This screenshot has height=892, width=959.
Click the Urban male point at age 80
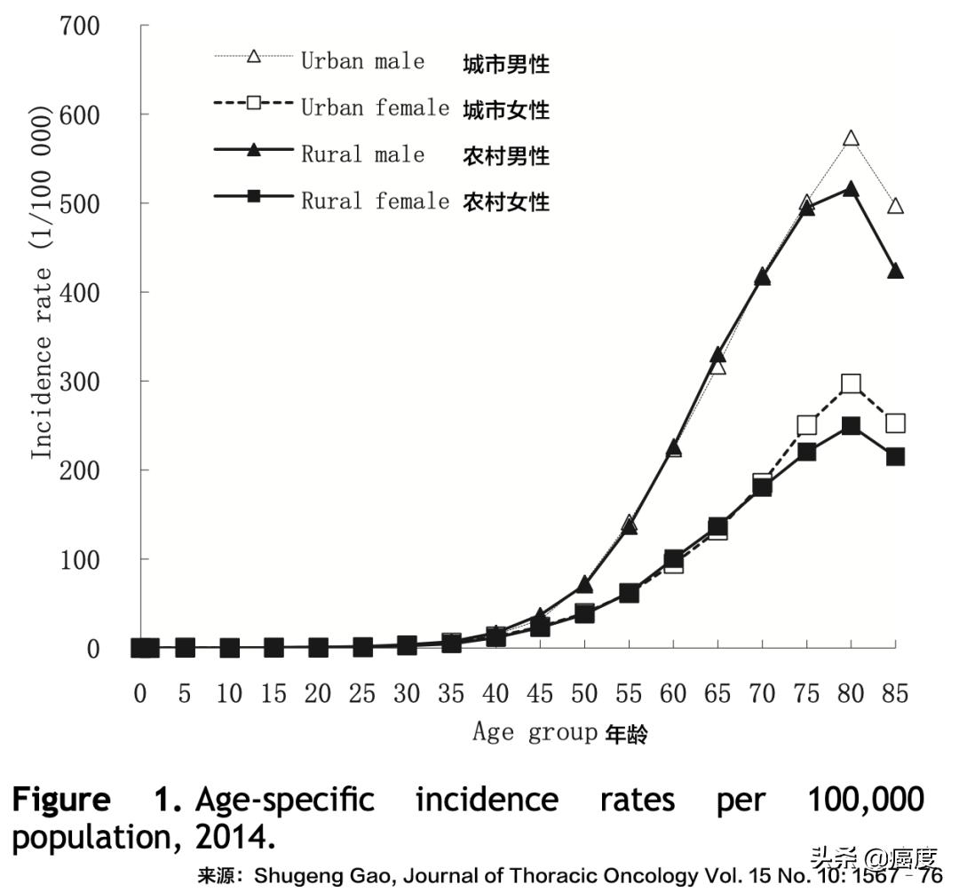click(x=851, y=139)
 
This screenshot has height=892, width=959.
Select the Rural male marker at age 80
click(x=851, y=189)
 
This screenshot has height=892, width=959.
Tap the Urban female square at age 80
click(x=851, y=384)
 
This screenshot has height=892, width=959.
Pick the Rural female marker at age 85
click(x=895, y=456)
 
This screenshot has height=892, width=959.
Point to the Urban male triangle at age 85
click(x=895, y=207)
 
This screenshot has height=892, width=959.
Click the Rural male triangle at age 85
click(x=895, y=271)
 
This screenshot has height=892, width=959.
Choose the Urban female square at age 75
click(x=806, y=425)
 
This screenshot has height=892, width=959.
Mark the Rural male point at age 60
click(x=673, y=448)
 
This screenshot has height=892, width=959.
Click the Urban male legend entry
click(x=362, y=62)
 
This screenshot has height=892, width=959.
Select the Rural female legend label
click(x=375, y=201)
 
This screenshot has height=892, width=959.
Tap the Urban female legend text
click(x=375, y=108)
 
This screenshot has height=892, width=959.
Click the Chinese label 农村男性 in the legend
click(x=506, y=156)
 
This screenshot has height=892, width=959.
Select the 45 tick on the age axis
click(x=540, y=694)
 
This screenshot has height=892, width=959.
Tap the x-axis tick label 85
click(x=895, y=694)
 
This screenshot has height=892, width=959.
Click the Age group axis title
click(x=535, y=733)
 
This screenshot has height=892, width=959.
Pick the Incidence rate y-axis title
click(x=43, y=284)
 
